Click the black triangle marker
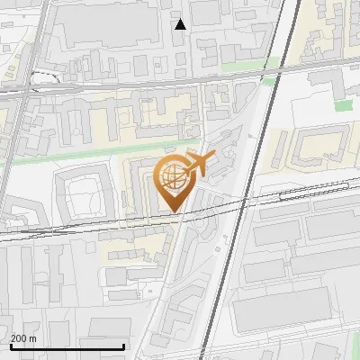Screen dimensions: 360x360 click(181, 24)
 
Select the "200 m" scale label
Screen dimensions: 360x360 click(22, 338)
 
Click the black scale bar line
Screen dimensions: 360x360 click(67, 346)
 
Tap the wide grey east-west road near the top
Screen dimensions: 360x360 click(135, 84)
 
